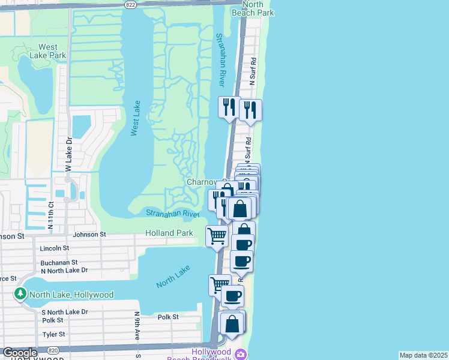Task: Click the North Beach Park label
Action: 252,8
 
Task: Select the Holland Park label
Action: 169,233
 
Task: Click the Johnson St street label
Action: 89,234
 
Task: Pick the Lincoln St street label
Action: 54,248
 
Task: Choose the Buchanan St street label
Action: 59,262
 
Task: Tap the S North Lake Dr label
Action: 65,311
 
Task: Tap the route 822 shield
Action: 130,4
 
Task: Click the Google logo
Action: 20,352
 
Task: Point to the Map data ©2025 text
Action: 423,355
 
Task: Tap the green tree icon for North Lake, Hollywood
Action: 20,295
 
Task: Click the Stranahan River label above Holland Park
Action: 172,213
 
